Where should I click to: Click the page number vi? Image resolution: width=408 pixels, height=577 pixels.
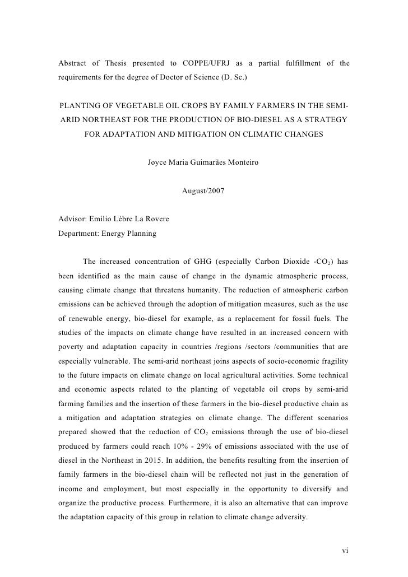(x=345, y=551)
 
